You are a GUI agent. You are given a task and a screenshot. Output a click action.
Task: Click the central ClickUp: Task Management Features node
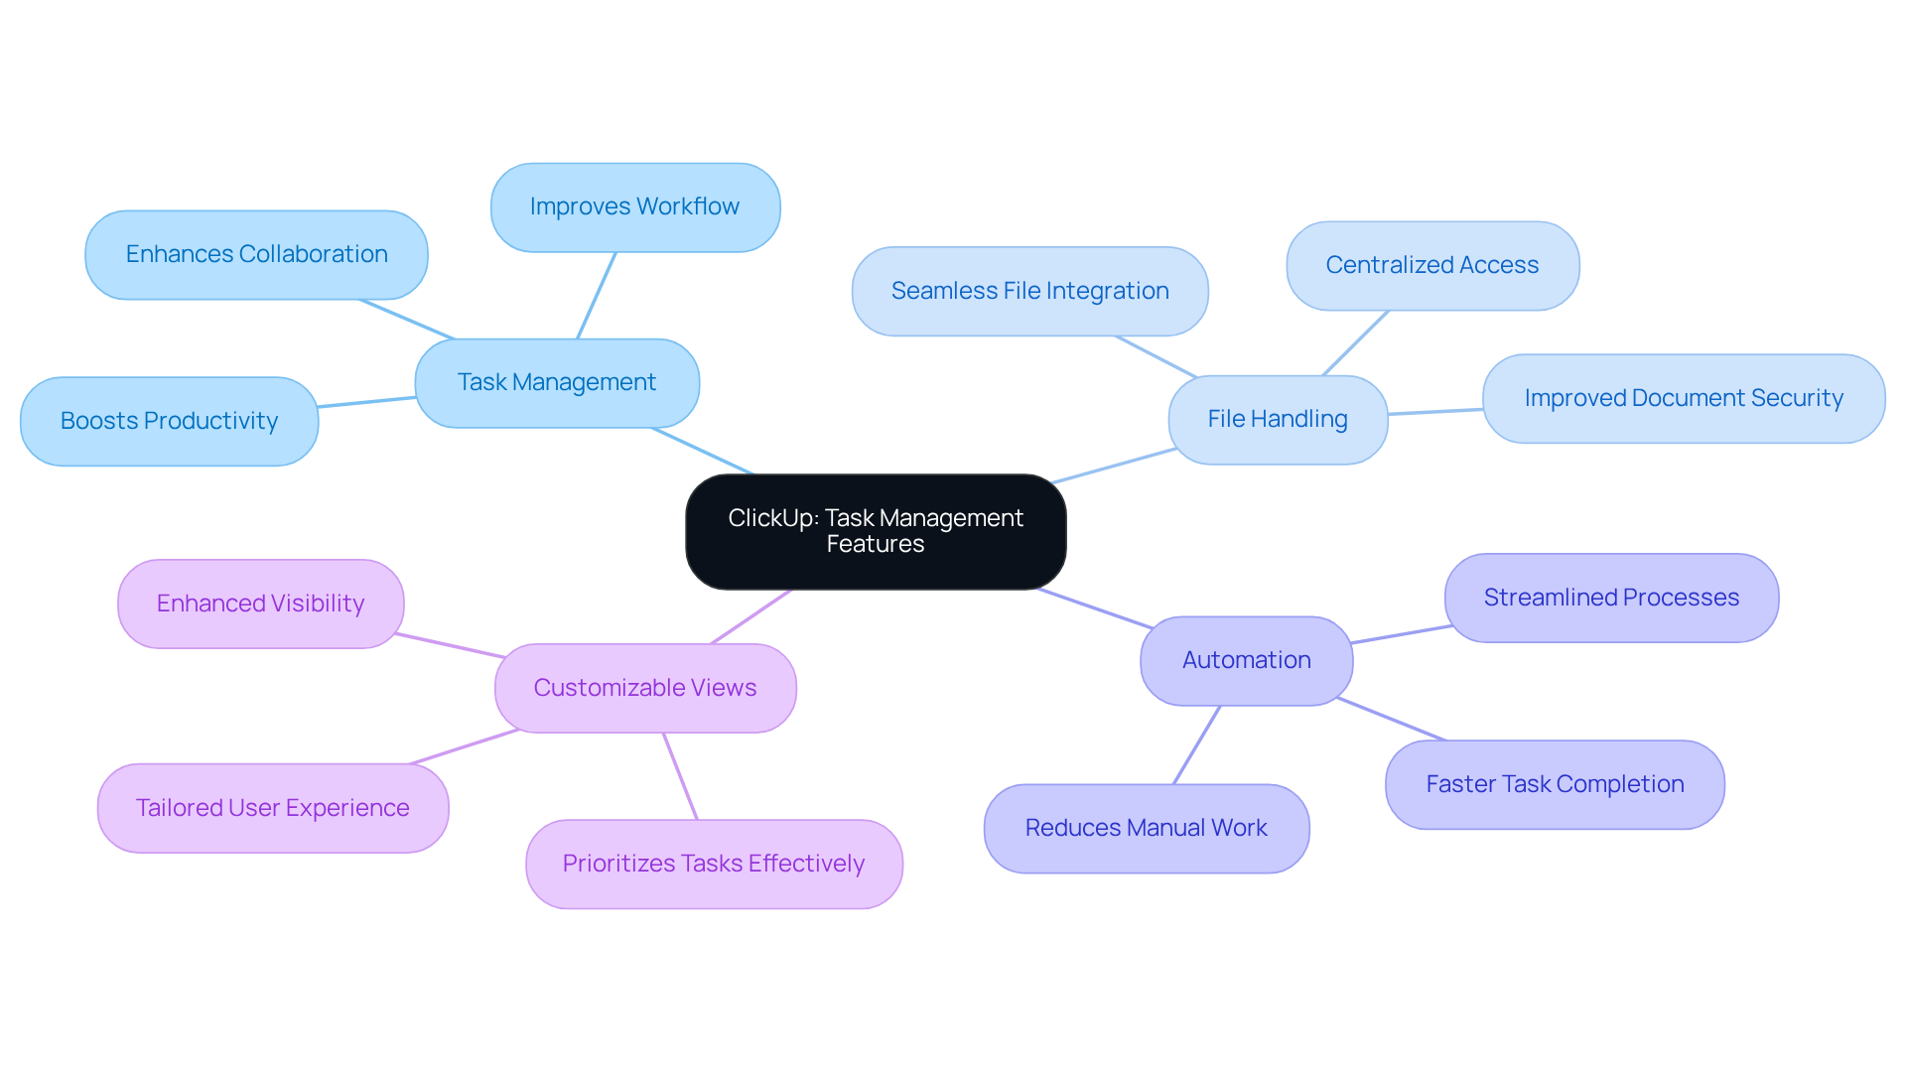click(x=876, y=532)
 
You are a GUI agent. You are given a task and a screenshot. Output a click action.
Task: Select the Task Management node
click(x=557, y=383)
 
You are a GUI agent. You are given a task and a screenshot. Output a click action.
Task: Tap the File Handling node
click(x=1278, y=420)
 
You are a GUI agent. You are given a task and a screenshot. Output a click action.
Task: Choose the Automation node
click(x=1246, y=661)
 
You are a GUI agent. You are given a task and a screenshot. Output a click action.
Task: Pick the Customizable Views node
click(x=645, y=688)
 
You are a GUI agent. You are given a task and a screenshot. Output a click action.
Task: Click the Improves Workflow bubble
click(x=635, y=207)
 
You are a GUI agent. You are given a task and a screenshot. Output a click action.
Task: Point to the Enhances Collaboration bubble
click(x=256, y=255)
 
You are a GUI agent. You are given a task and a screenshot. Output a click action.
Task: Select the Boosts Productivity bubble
click(x=169, y=421)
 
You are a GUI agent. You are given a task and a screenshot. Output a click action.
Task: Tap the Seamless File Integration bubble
click(x=1029, y=292)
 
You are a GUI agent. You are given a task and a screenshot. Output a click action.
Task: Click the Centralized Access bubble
click(x=1432, y=266)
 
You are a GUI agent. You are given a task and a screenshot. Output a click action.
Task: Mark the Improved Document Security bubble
click(x=1684, y=399)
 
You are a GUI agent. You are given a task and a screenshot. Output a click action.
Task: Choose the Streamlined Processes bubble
click(x=1611, y=598)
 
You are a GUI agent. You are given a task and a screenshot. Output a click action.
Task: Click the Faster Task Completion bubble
click(x=1555, y=784)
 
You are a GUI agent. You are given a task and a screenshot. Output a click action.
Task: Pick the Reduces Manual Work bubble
click(x=1147, y=829)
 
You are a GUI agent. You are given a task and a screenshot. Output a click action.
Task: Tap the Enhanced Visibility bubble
click(x=260, y=604)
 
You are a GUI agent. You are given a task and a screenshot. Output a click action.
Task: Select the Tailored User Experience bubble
click(x=273, y=808)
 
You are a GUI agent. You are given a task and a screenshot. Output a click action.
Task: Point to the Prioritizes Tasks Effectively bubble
click(x=714, y=864)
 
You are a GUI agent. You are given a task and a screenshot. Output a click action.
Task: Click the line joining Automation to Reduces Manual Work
click(x=1196, y=745)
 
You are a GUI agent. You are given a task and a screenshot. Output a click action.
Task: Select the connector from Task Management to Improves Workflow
click(x=597, y=296)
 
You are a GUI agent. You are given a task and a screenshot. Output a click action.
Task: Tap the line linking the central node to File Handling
click(x=1114, y=467)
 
